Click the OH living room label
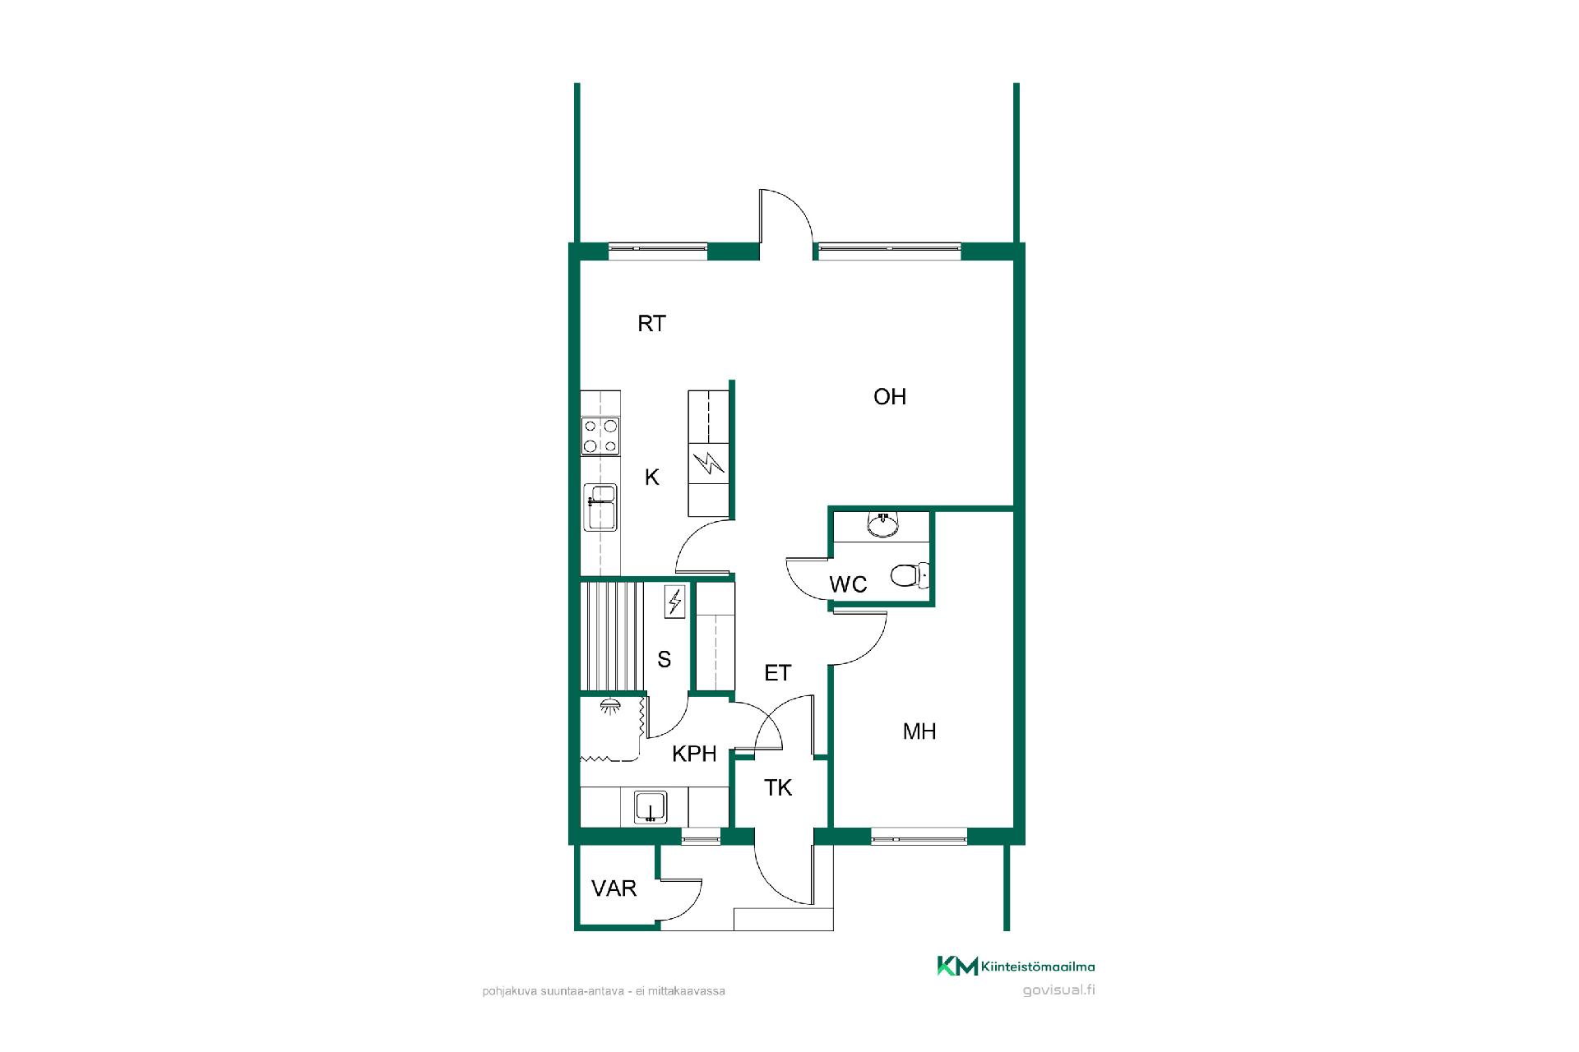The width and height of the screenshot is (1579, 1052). click(890, 397)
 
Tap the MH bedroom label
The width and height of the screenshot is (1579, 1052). click(919, 731)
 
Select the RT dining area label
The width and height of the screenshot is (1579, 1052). click(651, 324)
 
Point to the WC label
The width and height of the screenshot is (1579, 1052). click(848, 584)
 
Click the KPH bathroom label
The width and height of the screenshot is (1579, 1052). click(695, 754)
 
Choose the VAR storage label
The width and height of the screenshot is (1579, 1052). click(614, 888)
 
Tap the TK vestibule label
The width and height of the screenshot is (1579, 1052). click(778, 788)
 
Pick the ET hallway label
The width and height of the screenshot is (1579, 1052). click(778, 673)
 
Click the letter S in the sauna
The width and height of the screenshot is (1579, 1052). click(664, 659)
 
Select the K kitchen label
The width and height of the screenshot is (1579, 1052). click(652, 478)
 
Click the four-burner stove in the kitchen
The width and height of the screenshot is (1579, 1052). click(601, 436)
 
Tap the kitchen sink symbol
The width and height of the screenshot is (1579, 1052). click(600, 507)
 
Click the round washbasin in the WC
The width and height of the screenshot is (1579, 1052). click(883, 524)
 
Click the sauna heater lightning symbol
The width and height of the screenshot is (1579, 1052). click(675, 602)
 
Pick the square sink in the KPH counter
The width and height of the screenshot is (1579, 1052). click(650, 807)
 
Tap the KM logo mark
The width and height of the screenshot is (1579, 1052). click(957, 967)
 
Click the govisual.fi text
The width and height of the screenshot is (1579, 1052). click(1058, 990)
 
